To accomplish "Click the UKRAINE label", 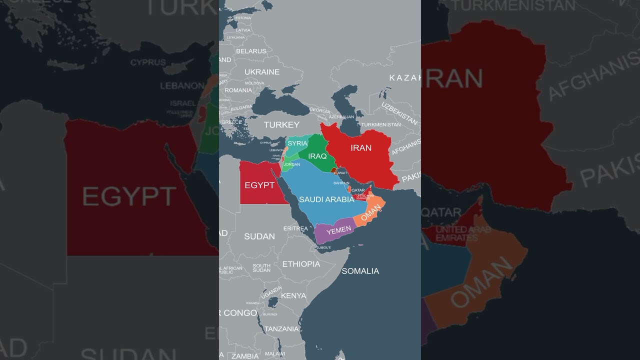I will click(x=261, y=72).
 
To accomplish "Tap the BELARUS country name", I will click(x=251, y=51).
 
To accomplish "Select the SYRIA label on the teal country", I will click(x=297, y=143).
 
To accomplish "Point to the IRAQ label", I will click(x=317, y=156).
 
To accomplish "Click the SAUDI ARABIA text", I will click(x=326, y=199).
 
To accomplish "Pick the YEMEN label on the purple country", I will click(x=338, y=229).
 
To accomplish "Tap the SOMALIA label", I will click(x=360, y=271).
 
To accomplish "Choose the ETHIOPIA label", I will click(x=301, y=264).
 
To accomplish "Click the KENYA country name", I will click(x=293, y=295).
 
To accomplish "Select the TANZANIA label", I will click(x=281, y=329).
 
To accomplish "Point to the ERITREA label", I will click(x=295, y=228).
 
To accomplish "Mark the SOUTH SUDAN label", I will click(x=261, y=268).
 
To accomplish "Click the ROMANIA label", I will click(x=238, y=90).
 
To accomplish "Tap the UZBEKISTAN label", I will click(x=399, y=113).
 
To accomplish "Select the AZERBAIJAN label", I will click(x=341, y=117).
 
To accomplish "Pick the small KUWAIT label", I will click(x=340, y=173).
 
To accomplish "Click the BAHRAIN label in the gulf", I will click(x=341, y=183).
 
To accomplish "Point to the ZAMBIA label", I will click(x=245, y=356).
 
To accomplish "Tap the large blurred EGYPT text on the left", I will click(x=129, y=196).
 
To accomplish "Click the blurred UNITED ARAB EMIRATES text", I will click(x=463, y=233).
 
